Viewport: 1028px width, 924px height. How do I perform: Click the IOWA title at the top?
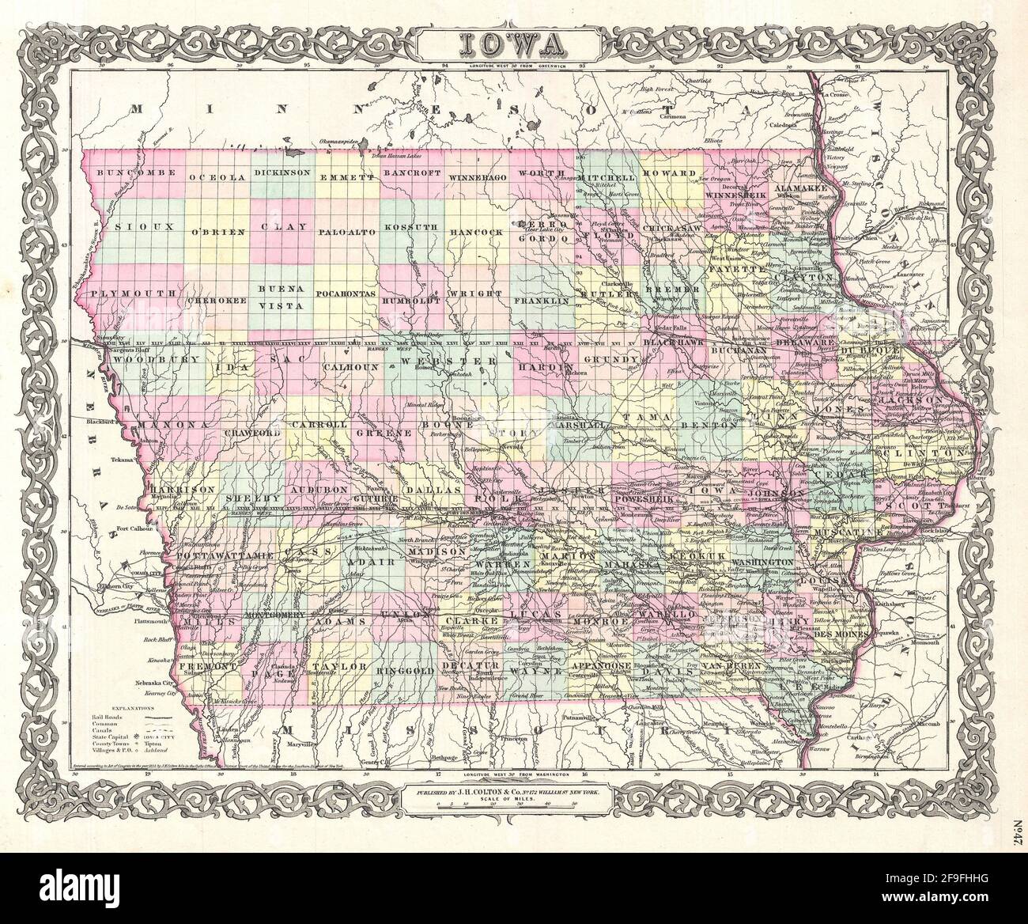point(515,40)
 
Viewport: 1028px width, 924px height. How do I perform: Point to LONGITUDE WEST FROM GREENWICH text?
point(514,66)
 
